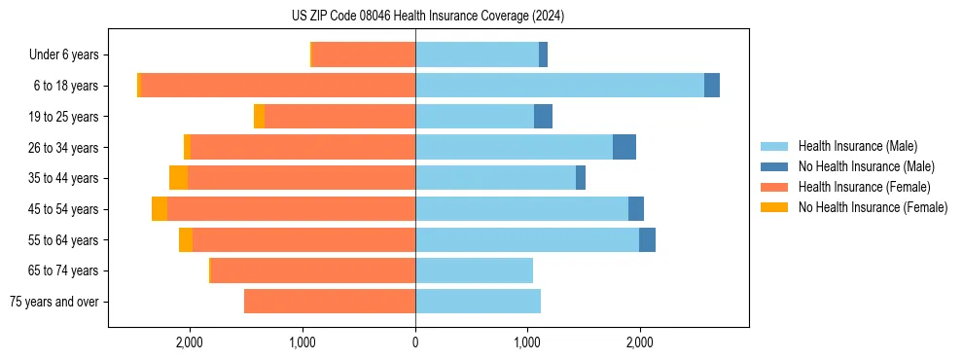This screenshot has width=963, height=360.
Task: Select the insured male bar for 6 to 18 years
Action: pos(559,86)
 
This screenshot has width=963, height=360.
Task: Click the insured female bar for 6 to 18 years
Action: pos(278,86)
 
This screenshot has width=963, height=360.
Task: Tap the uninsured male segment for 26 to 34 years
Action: pos(624,147)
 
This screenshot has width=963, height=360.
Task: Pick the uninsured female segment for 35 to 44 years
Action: pos(178,178)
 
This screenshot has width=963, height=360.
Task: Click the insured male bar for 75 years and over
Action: pos(478,302)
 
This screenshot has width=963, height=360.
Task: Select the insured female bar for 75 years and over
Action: pos(330,302)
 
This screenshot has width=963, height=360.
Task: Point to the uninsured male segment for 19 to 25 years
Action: pos(543,117)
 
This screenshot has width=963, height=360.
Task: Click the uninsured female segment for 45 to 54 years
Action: pos(160,209)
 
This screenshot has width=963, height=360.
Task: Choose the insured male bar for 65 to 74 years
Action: pos(474,270)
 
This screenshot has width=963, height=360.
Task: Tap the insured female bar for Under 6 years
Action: pos(364,54)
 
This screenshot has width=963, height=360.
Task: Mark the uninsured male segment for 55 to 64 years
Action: pos(647,239)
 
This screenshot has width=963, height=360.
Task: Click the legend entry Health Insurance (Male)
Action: pos(857,146)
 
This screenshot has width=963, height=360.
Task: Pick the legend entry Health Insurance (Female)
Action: pos(864,187)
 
